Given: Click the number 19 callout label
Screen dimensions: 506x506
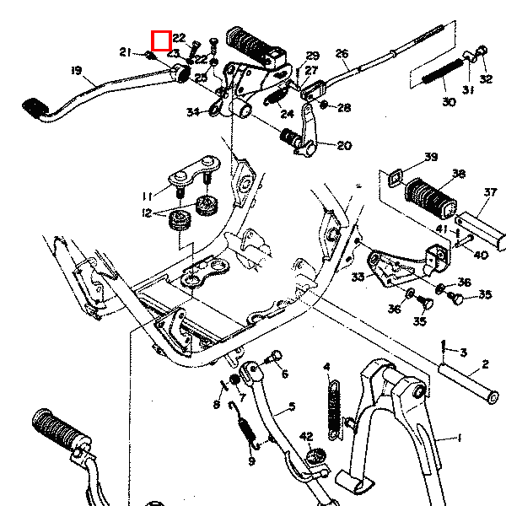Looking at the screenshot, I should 77,69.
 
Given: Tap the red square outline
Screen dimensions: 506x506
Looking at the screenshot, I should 161,40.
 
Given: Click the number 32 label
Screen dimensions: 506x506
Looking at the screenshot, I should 486,80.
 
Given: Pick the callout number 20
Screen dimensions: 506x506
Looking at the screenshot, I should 344,145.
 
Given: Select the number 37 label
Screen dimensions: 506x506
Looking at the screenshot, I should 489,192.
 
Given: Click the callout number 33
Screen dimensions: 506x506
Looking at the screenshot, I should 358,276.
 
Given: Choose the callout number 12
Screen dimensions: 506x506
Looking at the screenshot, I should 148,213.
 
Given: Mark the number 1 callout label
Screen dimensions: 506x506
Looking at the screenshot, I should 460,439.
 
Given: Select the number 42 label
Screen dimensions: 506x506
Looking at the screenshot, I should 306,436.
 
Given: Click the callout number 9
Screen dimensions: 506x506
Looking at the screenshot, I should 250,461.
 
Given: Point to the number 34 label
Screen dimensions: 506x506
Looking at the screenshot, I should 192,111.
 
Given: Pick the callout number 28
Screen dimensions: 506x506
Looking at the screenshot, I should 344,107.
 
